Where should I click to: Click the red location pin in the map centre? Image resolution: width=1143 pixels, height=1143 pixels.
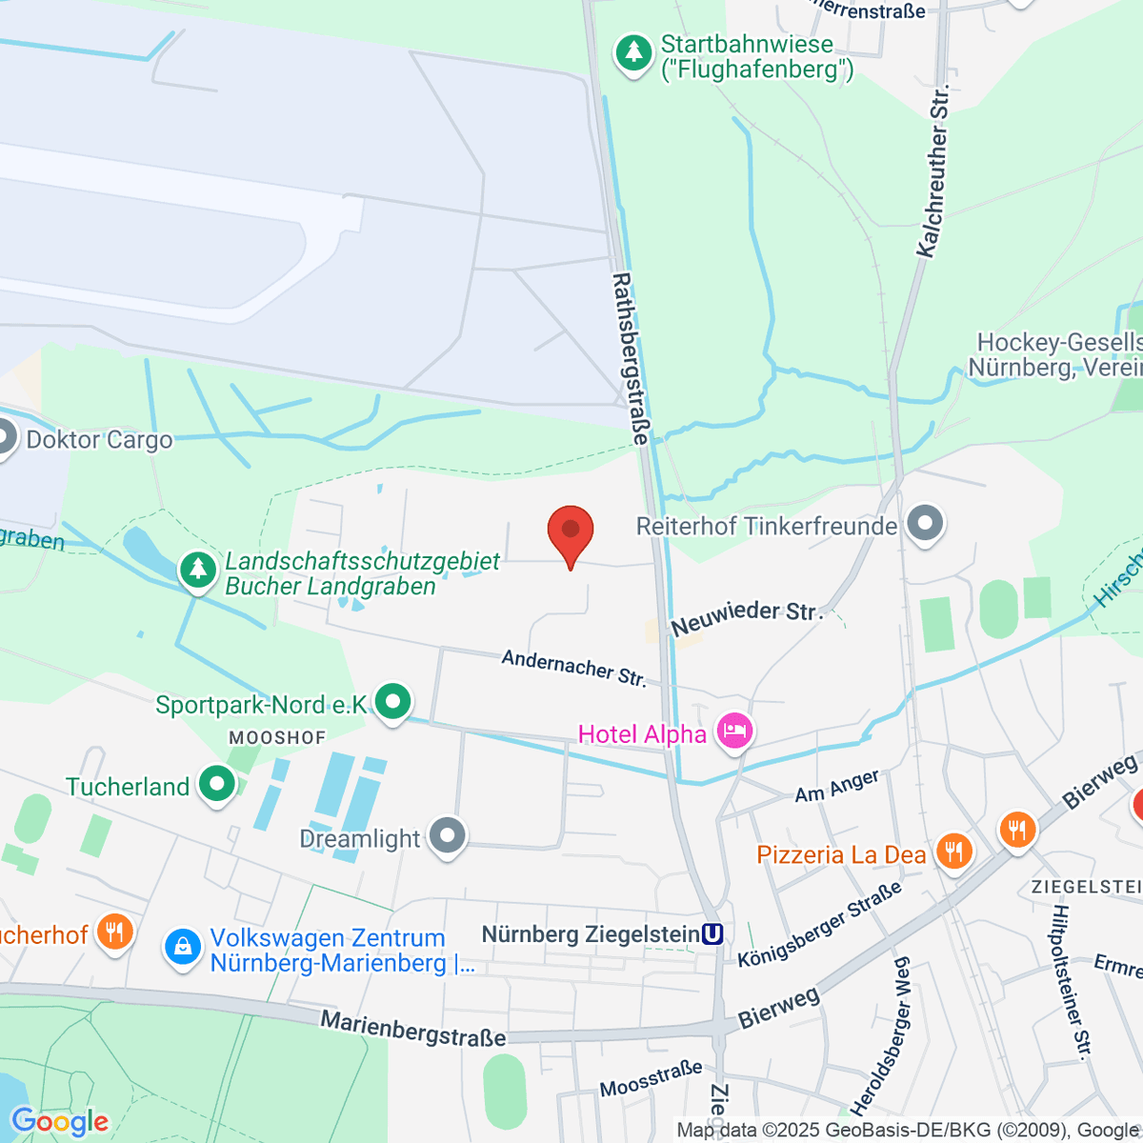pyautogui.click(x=571, y=531)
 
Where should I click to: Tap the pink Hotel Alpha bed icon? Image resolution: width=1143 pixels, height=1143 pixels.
pyautogui.click(x=734, y=732)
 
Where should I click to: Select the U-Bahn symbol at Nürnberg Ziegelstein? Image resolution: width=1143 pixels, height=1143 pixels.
pyautogui.click(x=712, y=934)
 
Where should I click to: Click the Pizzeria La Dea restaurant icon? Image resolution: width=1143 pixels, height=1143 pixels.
pyautogui.click(x=953, y=852)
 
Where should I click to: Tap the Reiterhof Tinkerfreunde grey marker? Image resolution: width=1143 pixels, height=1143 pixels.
pyautogui.click(x=925, y=524)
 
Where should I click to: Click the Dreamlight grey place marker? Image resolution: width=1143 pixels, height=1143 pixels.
pyautogui.click(x=447, y=836)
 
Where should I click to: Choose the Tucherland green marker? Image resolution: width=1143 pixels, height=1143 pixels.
pyautogui.click(x=217, y=785)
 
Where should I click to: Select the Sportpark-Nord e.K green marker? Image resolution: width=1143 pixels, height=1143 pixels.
pyautogui.click(x=392, y=702)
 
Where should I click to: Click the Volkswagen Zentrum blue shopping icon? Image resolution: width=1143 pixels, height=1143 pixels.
pyautogui.click(x=182, y=947)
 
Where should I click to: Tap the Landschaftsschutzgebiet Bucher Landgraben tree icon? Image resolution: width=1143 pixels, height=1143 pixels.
pyautogui.click(x=198, y=571)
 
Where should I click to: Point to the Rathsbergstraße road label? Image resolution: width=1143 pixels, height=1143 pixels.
pyautogui.click(x=630, y=359)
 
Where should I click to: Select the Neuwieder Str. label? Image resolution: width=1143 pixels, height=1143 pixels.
pyautogui.click(x=747, y=617)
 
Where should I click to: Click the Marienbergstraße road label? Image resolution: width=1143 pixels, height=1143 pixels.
pyautogui.click(x=412, y=1029)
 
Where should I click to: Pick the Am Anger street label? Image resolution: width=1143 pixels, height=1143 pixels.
pyautogui.click(x=837, y=786)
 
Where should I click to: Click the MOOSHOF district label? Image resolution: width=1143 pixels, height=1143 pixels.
pyautogui.click(x=277, y=738)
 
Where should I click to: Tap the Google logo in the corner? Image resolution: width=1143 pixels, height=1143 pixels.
pyautogui.click(x=59, y=1122)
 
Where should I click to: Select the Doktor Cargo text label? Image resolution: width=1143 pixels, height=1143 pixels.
pyautogui.click(x=99, y=440)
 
